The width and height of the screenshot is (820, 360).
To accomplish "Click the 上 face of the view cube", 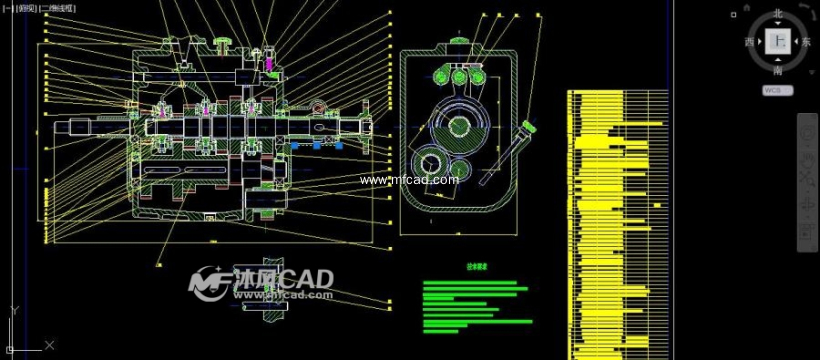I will [x=778, y=42].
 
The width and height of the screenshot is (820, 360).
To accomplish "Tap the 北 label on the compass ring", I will [x=778, y=14].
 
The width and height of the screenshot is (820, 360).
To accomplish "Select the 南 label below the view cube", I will [x=778, y=71].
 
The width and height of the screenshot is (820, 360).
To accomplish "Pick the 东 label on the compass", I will [x=806, y=42].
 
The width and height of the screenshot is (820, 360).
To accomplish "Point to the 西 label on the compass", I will [x=750, y=42].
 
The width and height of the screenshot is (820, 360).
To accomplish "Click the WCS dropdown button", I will [x=778, y=90].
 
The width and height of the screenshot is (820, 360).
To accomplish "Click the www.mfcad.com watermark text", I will [x=409, y=180].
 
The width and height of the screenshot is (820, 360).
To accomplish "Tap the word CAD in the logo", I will [x=306, y=279].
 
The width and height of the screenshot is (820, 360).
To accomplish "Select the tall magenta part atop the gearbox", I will [x=269, y=62].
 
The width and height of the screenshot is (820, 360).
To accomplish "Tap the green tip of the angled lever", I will [x=526, y=128].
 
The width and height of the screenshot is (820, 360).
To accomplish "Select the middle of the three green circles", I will [x=459, y=77].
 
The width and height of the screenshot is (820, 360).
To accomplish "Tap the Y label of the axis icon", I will [x=12, y=311].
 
